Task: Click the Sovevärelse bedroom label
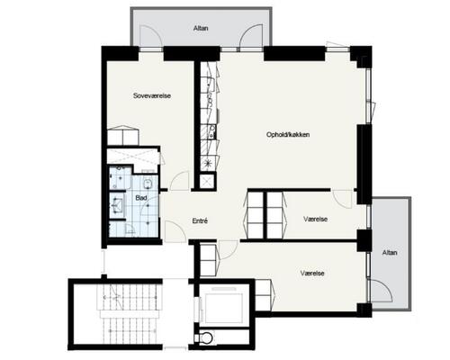point(152,95)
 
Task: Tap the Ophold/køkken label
point(288,135)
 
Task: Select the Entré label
point(200,221)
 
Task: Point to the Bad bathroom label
point(141,198)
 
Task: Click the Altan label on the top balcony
point(201,29)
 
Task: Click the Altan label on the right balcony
point(390,253)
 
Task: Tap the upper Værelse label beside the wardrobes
point(315,220)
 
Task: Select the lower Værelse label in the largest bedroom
point(312,274)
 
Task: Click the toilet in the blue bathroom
point(148,184)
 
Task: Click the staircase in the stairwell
point(129,313)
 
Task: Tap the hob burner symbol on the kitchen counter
point(208,163)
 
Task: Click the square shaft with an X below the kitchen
point(207,181)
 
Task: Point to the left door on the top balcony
point(151,36)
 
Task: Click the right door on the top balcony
point(251,36)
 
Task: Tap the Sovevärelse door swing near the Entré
point(180,180)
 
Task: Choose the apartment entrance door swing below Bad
point(175,231)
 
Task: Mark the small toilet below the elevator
point(207,338)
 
